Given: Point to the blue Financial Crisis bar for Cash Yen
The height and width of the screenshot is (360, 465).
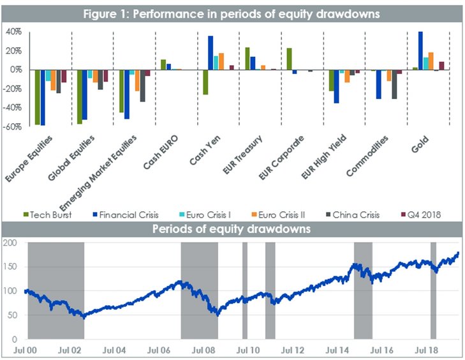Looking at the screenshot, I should (x=210, y=53).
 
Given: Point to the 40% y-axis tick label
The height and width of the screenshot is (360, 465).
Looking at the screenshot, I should (x=15, y=31).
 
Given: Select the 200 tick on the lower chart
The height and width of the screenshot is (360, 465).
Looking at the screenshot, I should (x=11, y=243).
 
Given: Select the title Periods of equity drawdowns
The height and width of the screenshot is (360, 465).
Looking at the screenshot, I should (x=232, y=228).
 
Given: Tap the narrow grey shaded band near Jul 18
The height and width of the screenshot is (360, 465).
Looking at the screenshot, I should (x=433, y=290).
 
